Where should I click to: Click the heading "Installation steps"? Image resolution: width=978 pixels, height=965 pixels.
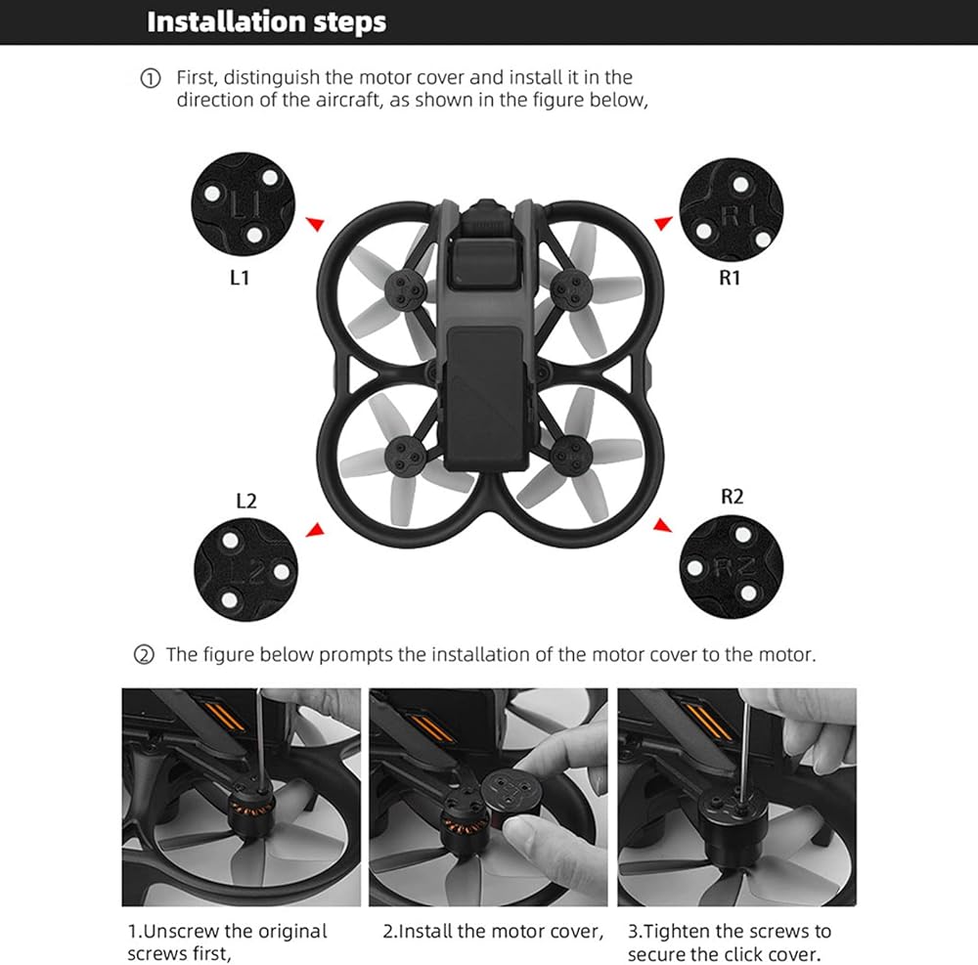[266, 22]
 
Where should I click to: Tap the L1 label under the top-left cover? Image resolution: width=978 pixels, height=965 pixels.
[240, 278]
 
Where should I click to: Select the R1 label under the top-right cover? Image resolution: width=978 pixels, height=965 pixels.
[730, 278]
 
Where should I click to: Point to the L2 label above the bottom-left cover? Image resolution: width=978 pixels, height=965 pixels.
[246, 501]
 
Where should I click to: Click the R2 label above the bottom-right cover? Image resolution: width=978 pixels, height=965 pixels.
[732, 497]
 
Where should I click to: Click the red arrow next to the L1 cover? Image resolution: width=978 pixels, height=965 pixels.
[313, 223]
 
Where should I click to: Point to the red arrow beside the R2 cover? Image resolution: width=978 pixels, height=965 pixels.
[663, 526]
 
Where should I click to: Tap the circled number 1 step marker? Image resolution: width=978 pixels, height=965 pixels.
[150, 78]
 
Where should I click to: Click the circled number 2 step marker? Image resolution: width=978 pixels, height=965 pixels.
[144, 654]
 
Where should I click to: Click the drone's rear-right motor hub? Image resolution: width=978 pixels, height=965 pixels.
[569, 451]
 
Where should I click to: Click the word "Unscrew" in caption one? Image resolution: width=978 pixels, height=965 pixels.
[181, 931]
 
